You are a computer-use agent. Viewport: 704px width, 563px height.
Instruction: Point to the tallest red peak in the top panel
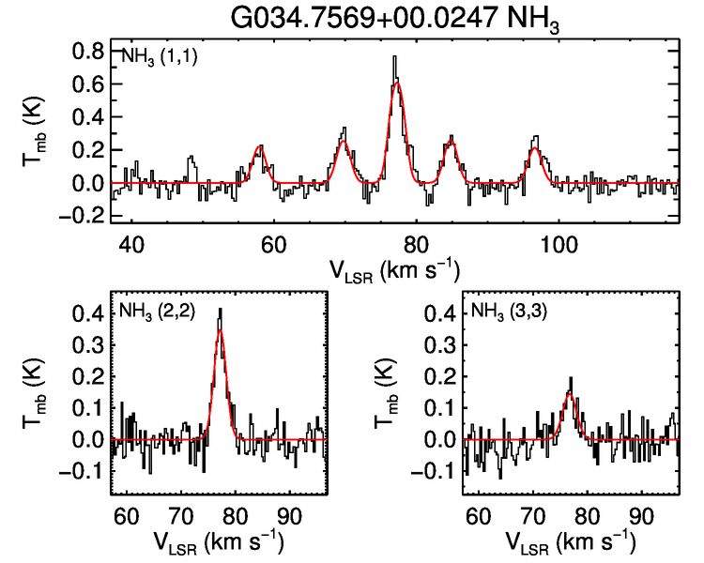pyautogui.click(x=398, y=83)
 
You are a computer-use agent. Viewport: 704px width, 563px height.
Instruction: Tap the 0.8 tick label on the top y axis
pyautogui.click(x=88, y=52)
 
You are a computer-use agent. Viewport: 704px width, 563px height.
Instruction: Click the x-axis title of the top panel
pyautogui.click(x=394, y=269)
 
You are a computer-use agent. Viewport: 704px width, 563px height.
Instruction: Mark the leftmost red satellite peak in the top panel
pyautogui.click(x=261, y=146)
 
